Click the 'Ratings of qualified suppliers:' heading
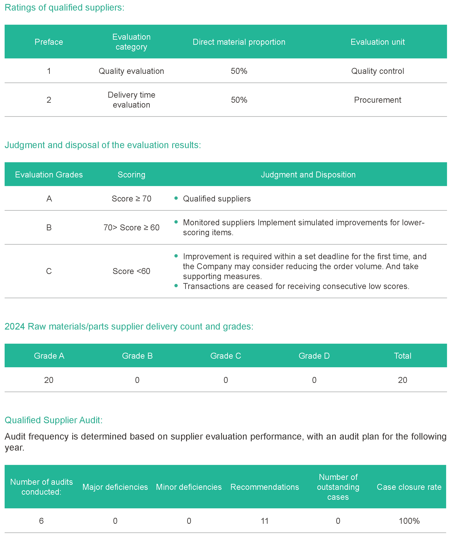pyautogui.click(x=64, y=8)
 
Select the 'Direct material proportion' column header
pyautogui.click(x=238, y=42)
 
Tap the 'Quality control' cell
pyautogui.click(x=377, y=71)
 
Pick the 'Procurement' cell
pyautogui.click(x=377, y=100)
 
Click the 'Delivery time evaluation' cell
pyautogui.click(x=131, y=100)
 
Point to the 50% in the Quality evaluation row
pyautogui.click(x=238, y=71)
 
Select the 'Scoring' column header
pyautogui.click(x=131, y=175)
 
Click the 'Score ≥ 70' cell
pyautogui.click(x=131, y=199)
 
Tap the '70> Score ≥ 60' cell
pyautogui.click(x=131, y=227)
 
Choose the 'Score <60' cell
pyautogui.click(x=131, y=271)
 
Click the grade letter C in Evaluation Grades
pyautogui.click(x=49, y=271)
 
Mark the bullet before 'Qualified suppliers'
pyautogui.click(x=176, y=198)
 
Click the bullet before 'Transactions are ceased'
pyautogui.click(x=176, y=286)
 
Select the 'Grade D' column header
pyautogui.click(x=314, y=356)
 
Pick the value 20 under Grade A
pyautogui.click(x=49, y=380)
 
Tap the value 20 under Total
pyautogui.click(x=402, y=380)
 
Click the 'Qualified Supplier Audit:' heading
pyautogui.click(x=54, y=420)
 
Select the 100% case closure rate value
pyautogui.click(x=409, y=521)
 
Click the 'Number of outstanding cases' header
pyautogui.click(x=338, y=487)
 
